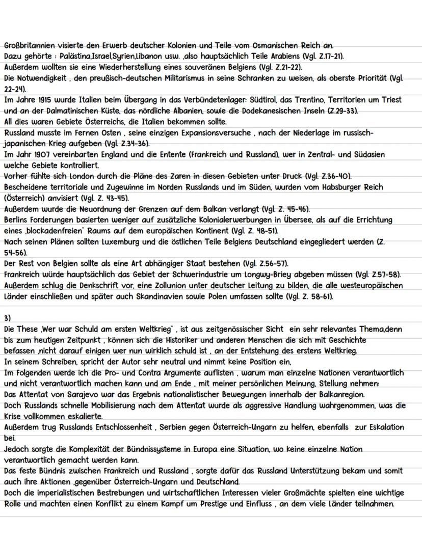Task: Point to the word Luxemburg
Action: (x=128, y=241)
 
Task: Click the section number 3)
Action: (x=7, y=318)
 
